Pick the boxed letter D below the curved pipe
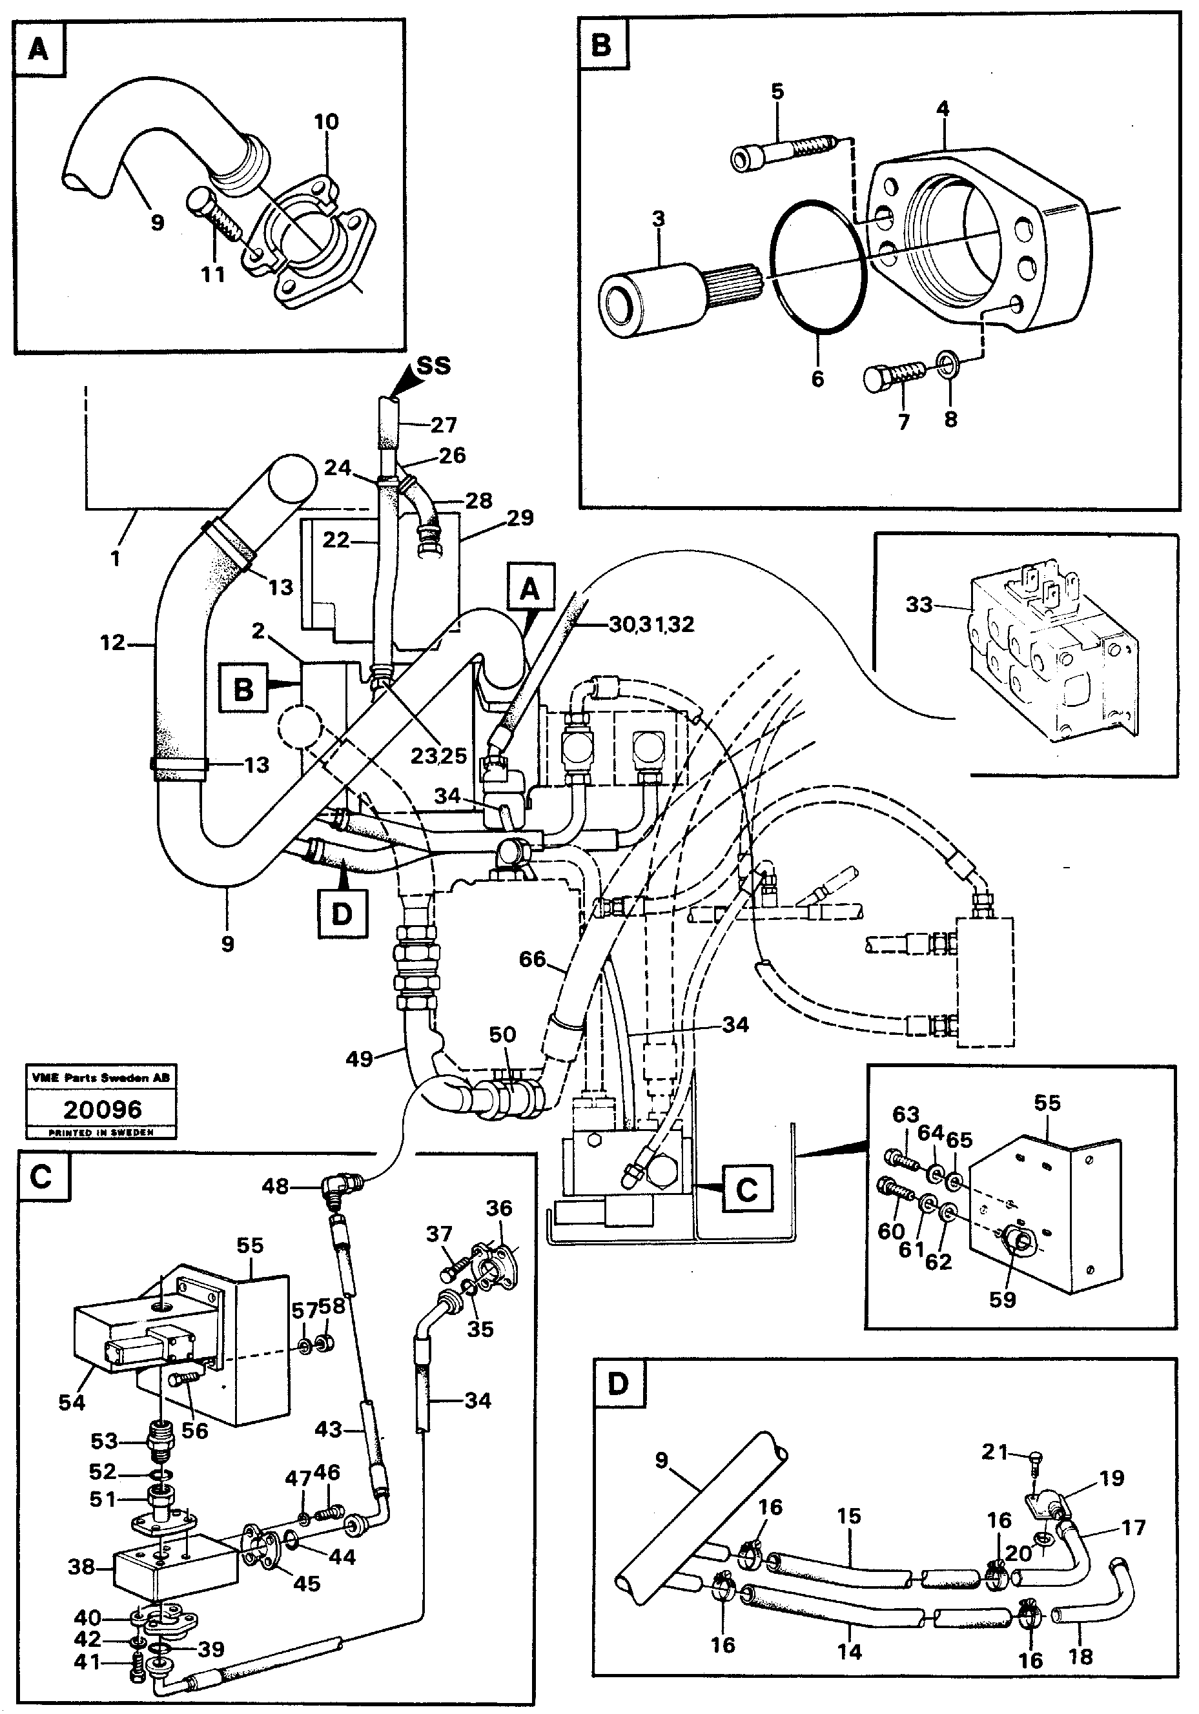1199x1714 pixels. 342,913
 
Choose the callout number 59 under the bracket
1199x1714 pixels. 1003,1300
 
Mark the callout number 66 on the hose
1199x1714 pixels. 532,959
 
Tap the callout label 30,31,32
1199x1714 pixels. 651,624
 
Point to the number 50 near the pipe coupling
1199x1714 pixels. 502,1035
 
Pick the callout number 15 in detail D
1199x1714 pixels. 849,1516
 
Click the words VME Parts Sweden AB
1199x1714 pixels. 101,1077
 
